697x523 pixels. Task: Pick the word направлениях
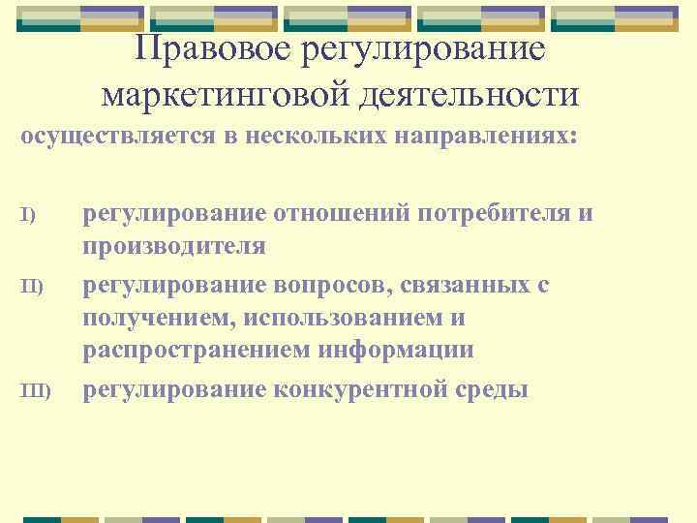[488, 136]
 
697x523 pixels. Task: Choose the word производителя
[174, 246]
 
